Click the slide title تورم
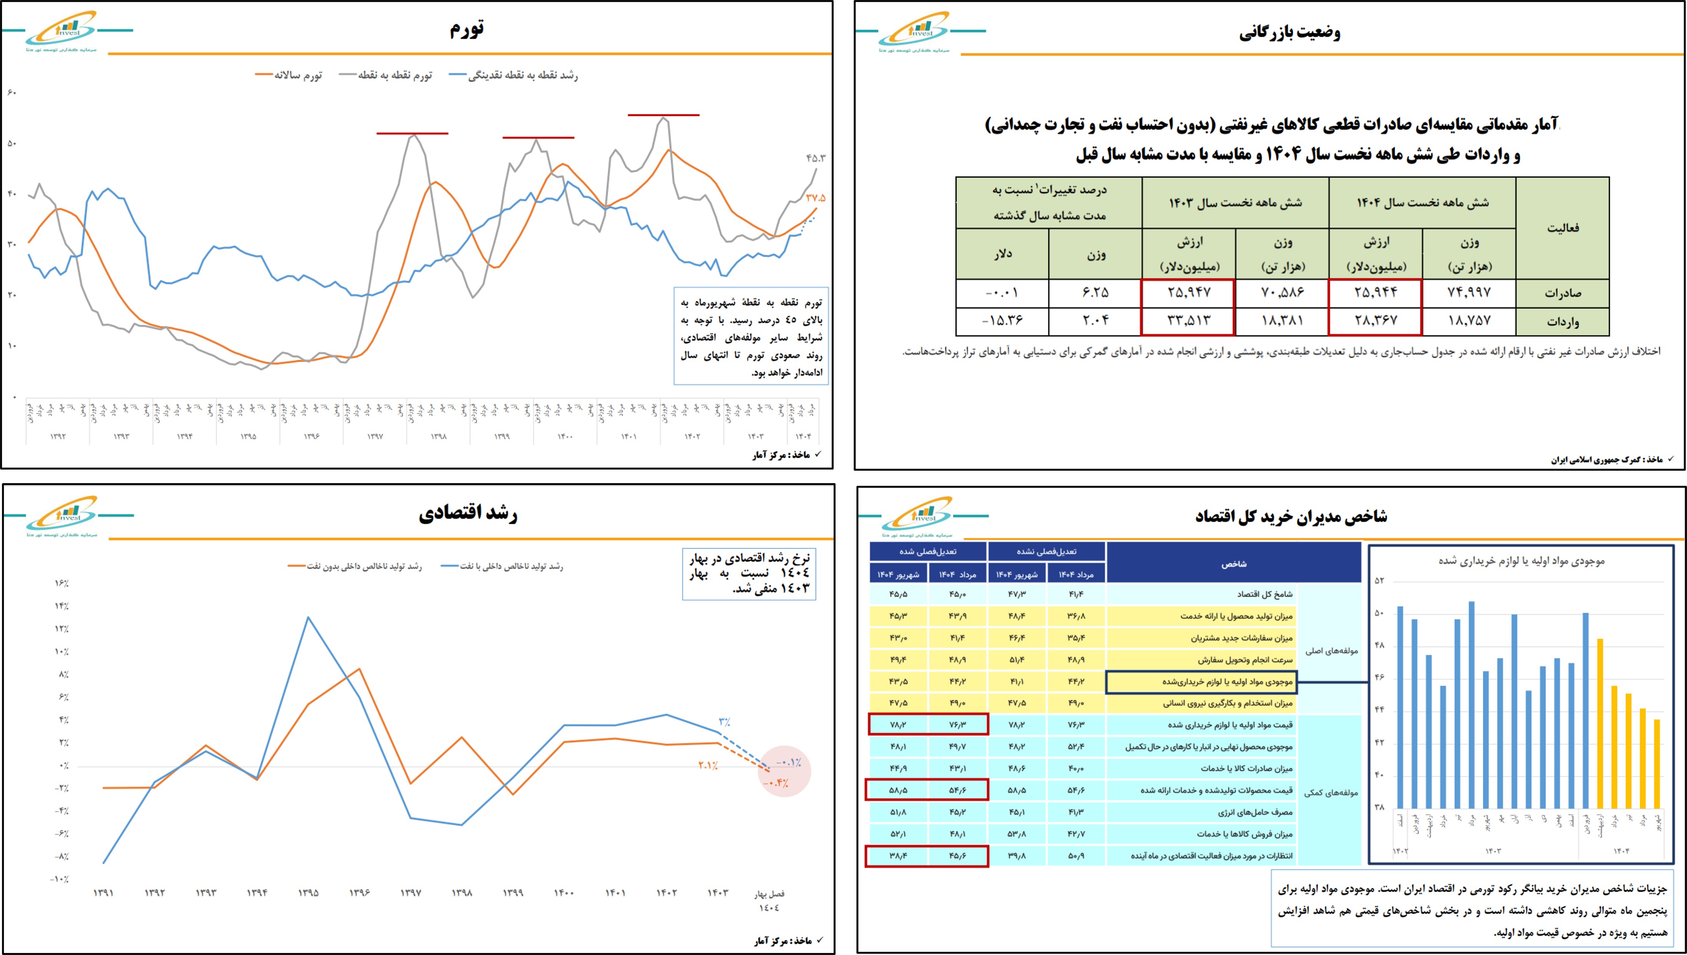click(x=467, y=29)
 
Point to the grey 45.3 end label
click(x=816, y=158)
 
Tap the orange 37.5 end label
click(x=816, y=198)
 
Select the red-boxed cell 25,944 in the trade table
click(x=1375, y=292)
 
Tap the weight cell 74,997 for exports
click(x=1469, y=292)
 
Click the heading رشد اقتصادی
click(x=468, y=513)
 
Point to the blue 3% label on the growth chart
click(x=724, y=721)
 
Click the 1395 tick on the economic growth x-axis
click(x=308, y=893)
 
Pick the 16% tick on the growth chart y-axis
click(x=61, y=583)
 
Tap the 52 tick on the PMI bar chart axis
click(x=1380, y=580)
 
